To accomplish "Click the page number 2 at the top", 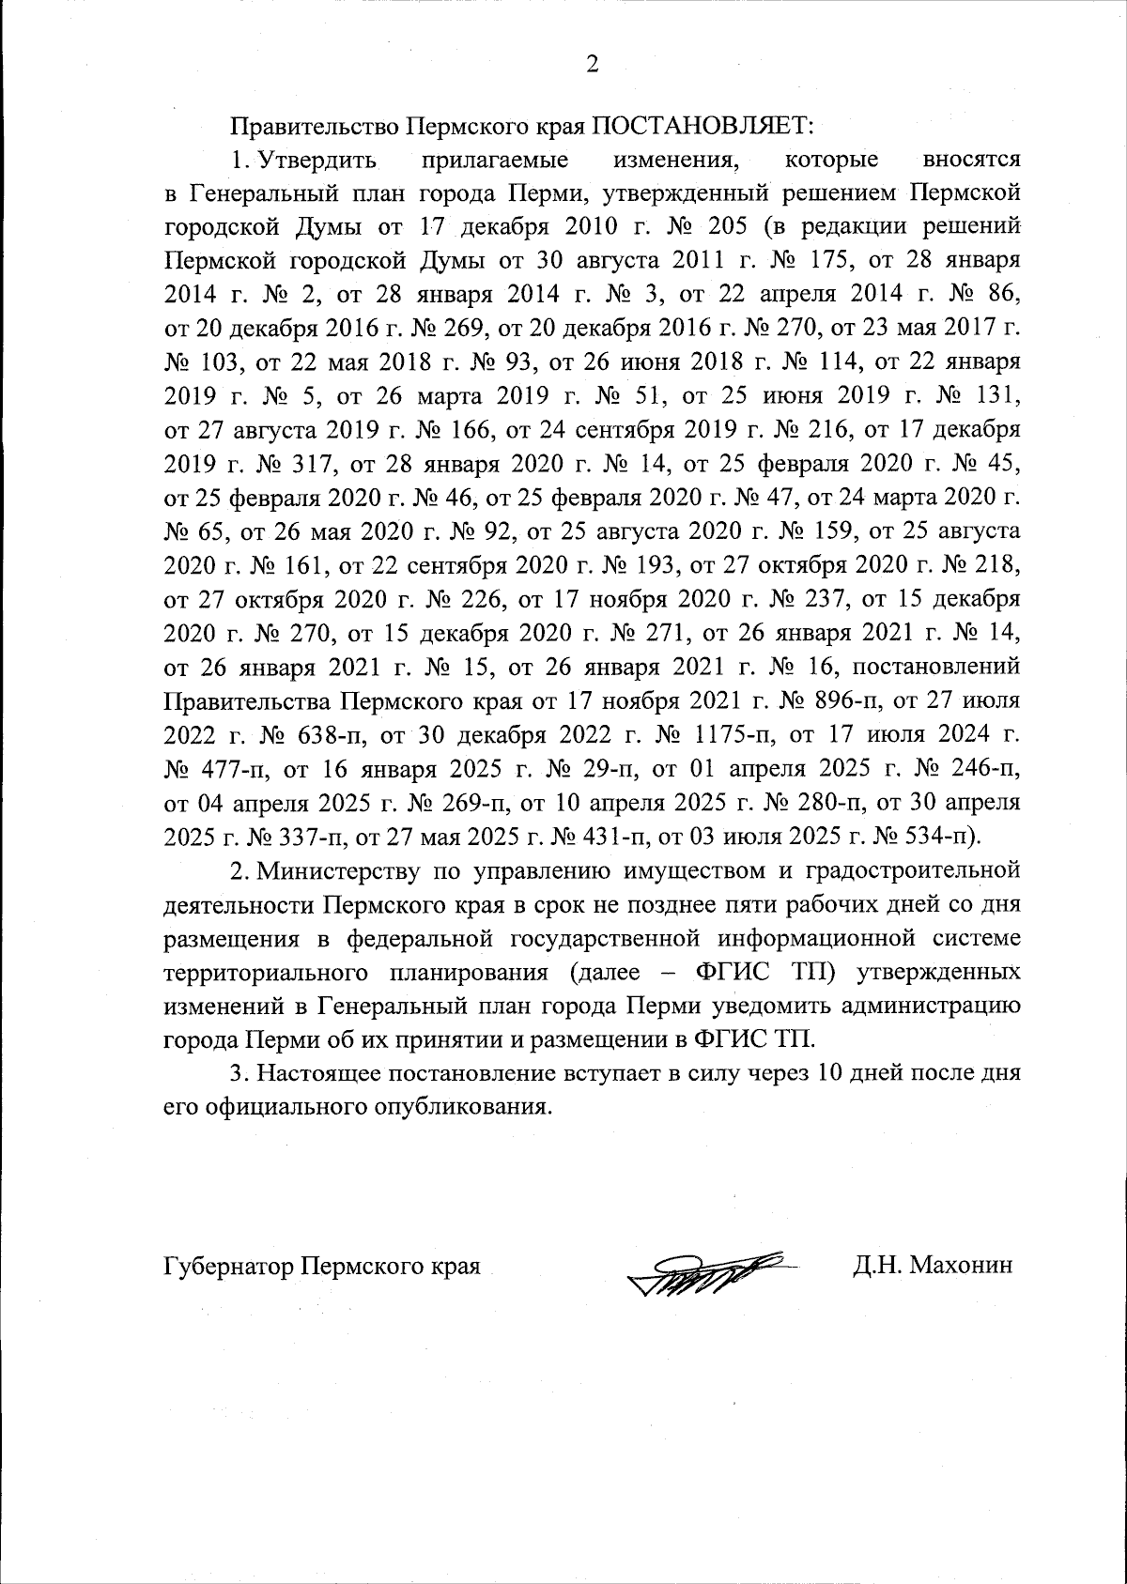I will coord(591,64).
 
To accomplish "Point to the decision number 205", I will coord(728,226).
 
